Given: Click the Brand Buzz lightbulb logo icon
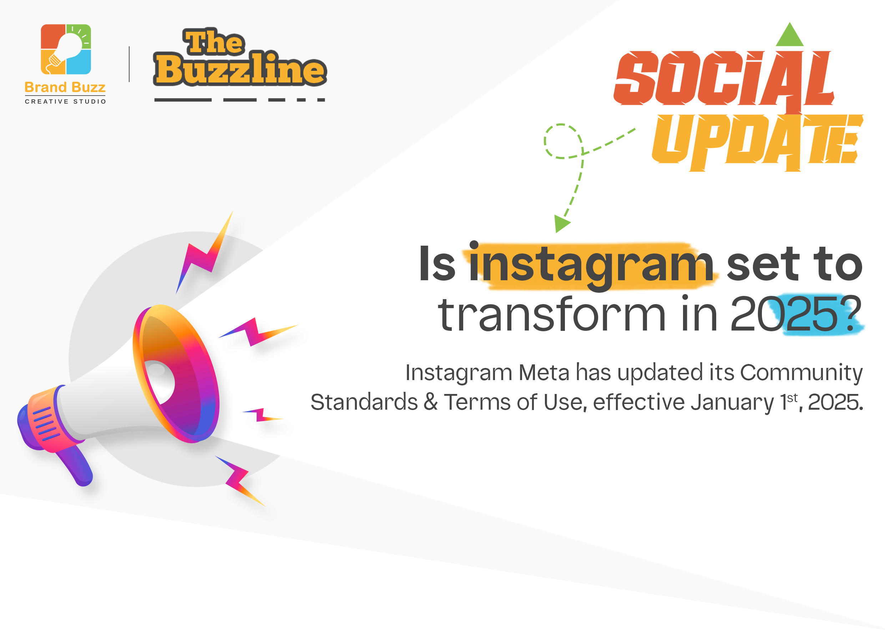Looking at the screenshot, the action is pos(66,49).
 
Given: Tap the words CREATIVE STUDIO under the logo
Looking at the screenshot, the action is pos(66,102).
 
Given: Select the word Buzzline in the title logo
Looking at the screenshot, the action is pos(240,69).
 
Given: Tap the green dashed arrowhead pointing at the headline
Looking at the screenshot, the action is pos(561,224).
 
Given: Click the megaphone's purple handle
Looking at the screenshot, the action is pos(76,466).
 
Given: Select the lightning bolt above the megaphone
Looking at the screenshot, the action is pos(204,252).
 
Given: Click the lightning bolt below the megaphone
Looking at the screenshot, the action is pos(240,481).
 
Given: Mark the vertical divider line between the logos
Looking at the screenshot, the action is pos(129,64).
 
